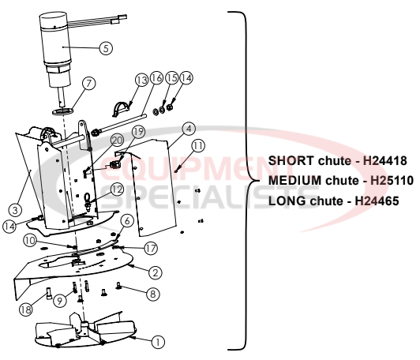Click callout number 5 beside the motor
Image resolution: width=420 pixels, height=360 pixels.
coord(106,47)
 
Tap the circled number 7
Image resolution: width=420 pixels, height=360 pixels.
coord(88,82)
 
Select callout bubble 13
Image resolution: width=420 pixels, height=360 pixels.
coord(141,80)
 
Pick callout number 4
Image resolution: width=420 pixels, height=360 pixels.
coord(188,128)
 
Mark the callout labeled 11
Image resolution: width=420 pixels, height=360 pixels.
coord(197,144)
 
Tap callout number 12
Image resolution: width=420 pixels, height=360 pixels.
coord(117,189)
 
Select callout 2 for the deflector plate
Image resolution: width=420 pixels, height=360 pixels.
coord(157,272)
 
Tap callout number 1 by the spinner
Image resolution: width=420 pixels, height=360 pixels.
coord(157,342)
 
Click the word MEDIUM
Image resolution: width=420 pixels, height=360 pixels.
coord(296,181)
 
